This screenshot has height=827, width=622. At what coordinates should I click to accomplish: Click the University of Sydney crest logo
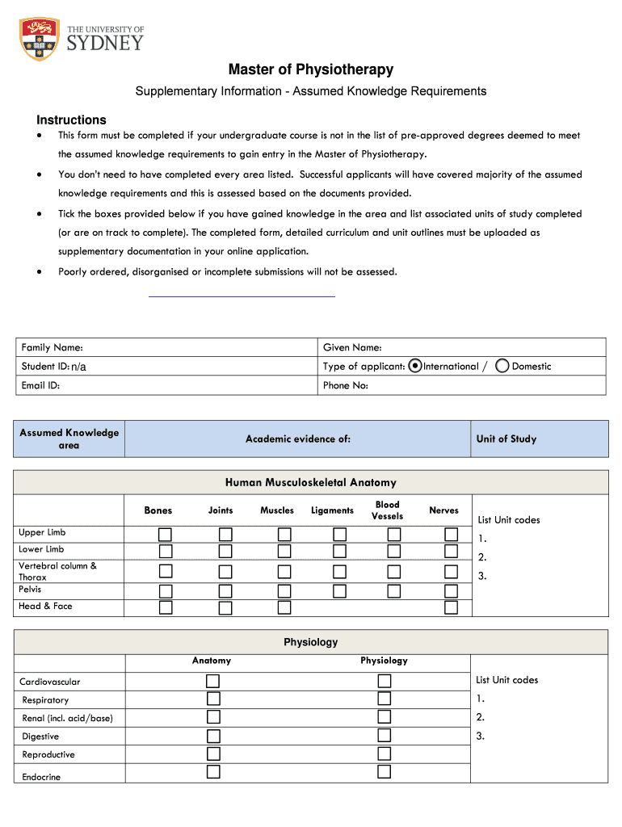coord(40,39)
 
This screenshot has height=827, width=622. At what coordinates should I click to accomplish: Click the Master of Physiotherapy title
coord(310,69)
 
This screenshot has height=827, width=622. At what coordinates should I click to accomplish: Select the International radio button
coord(415,366)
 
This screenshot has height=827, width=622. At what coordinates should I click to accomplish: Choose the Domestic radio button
coord(502,366)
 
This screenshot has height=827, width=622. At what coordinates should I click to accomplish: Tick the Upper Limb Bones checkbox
coord(166,535)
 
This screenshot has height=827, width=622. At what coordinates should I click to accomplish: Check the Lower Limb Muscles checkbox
coord(284,552)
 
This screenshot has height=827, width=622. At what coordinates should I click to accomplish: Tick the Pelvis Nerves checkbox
coord(452,591)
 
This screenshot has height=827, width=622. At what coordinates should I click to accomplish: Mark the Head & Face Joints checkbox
coord(225,608)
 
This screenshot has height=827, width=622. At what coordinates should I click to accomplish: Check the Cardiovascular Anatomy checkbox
coord(213,682)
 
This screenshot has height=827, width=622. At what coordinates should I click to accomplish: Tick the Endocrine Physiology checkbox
coord(385,771)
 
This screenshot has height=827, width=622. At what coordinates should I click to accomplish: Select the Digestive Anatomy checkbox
coord(213,736)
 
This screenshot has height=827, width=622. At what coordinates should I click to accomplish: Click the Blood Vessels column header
coord(388,510)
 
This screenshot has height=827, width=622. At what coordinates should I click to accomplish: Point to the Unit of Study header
coord(506,439)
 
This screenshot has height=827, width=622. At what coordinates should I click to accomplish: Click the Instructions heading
coord(71,120)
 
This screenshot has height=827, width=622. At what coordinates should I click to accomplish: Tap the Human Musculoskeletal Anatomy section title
coord(310,482)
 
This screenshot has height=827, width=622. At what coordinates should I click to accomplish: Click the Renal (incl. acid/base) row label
coord(68,718)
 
